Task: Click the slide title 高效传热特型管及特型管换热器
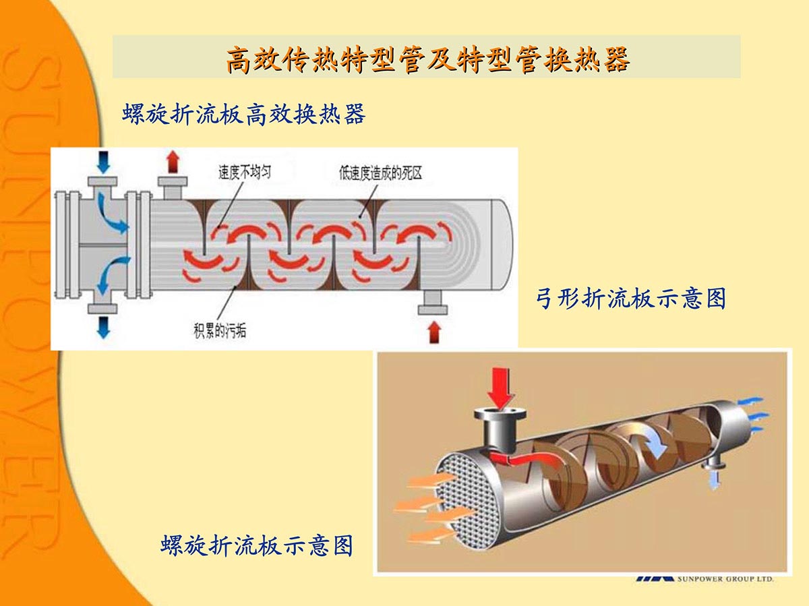427,59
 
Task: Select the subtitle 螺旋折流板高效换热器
243,114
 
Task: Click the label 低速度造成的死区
380,173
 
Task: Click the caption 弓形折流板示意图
630,298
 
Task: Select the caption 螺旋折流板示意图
257,545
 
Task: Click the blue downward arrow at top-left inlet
102,162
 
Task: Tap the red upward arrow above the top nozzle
173,162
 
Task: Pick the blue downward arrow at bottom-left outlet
103,326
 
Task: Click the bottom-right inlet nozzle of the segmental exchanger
433,305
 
